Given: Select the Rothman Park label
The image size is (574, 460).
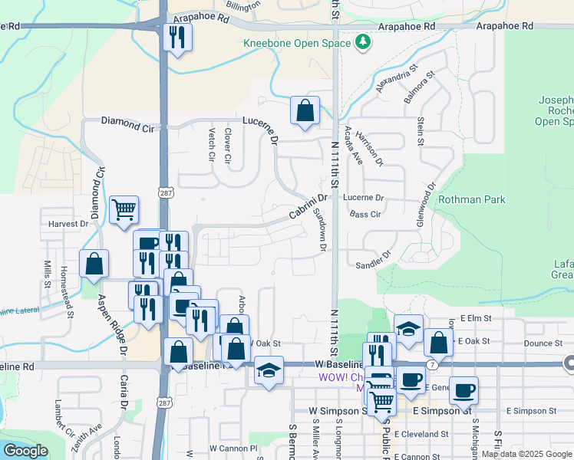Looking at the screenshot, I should (x=471, y=199).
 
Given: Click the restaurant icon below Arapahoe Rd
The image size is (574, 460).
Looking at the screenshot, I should (x=178, y=37).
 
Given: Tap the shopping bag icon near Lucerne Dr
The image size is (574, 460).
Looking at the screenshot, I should (x=305, y=110).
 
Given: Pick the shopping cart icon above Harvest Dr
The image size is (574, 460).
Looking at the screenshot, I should (x=124, y=209).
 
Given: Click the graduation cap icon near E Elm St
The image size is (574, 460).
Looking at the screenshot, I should (x=408, y=329).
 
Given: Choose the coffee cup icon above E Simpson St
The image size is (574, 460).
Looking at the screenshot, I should (x=463, y=390).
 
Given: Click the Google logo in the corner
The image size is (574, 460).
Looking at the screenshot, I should (x=25, y=451).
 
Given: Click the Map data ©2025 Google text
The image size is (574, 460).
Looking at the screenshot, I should (x=526, y=454).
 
